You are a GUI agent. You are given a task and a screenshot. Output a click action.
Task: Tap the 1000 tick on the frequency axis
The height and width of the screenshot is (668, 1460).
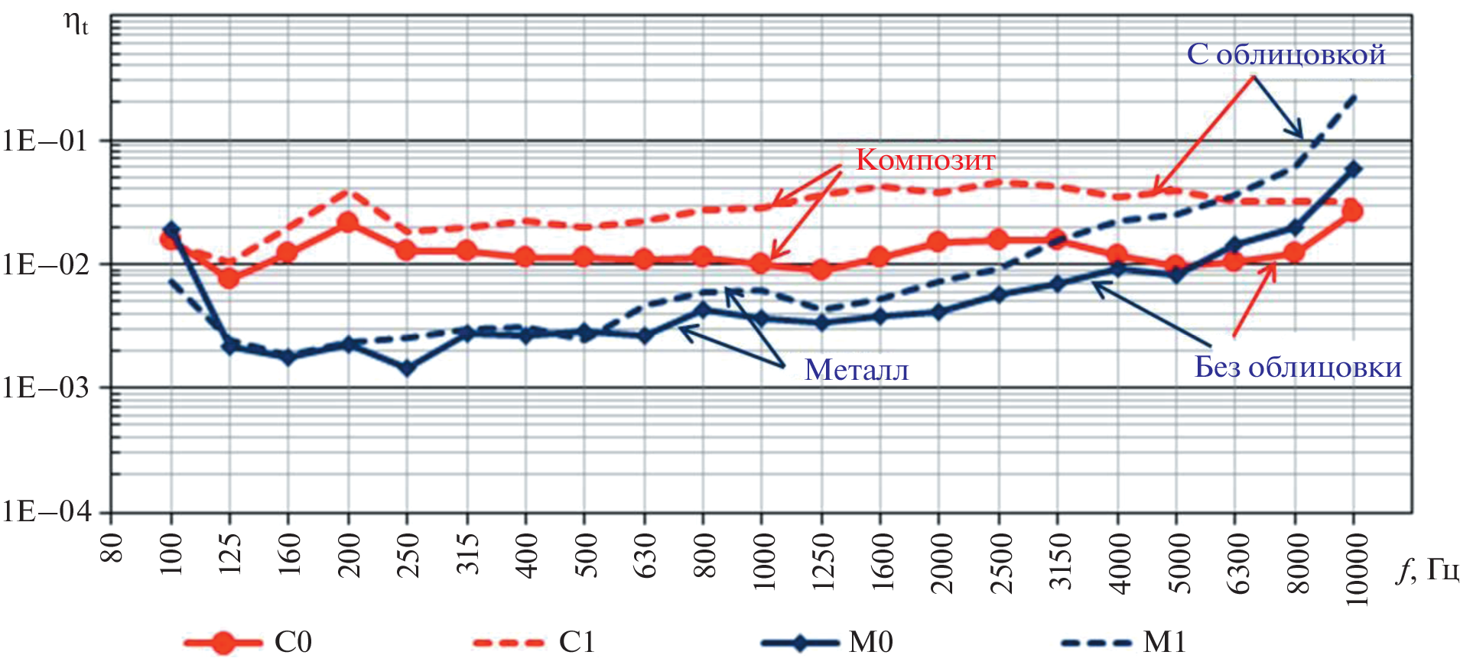pyautogui.click(x=763, y=562)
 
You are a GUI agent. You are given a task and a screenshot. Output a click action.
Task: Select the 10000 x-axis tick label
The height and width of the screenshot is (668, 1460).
pyautogui.click(x=1355, y=569)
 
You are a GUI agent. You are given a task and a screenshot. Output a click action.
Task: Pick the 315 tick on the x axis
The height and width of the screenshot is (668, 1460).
pyautogui.click(x=468, y=554)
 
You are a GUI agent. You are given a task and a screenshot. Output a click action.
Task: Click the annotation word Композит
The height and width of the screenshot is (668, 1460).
pyautogui.click(x=925, y=160)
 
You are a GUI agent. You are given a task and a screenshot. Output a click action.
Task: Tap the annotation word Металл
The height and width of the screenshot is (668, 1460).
pyautogui.click(x=857, y=370)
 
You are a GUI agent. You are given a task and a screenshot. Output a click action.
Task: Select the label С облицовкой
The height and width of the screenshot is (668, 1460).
pyautogui.click(x=1286, y=55)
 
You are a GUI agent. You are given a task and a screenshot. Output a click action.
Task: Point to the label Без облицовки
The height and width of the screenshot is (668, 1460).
pyautogui.click(x=1298, y=368)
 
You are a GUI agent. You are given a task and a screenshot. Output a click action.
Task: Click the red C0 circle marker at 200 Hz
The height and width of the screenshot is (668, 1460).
pyautogui.click(x=348, y=222)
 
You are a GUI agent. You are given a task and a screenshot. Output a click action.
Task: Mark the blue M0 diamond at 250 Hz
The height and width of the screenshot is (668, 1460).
pyautogui.click(x=407, y=368)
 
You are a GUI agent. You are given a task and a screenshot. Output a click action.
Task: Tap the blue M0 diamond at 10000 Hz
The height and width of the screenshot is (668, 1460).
pyautogui.click(x=1353, y=169)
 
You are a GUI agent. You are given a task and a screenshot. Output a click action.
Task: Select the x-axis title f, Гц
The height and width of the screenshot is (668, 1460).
pyautogui.click(x=1426, y=569)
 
